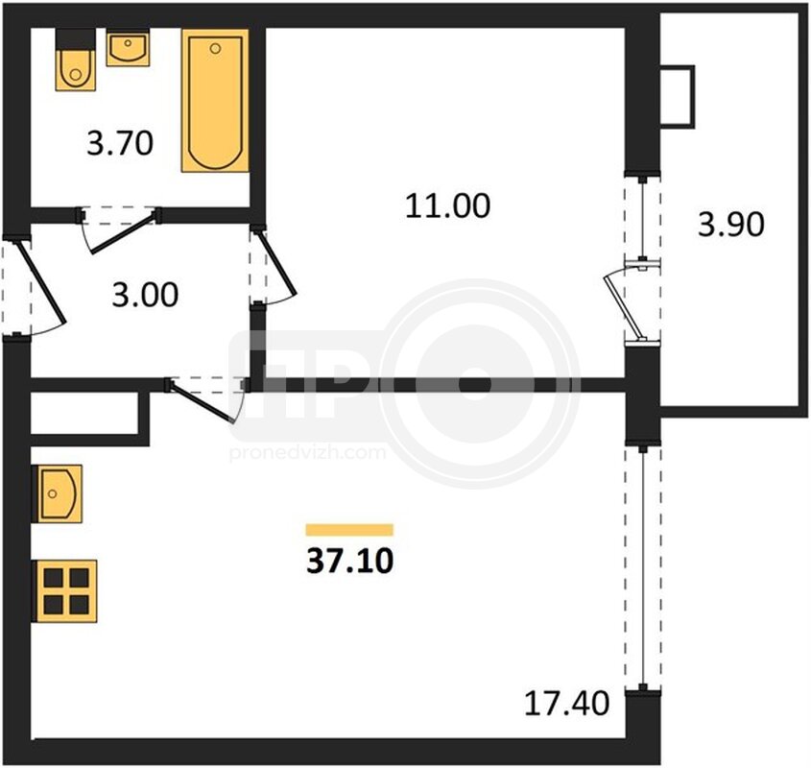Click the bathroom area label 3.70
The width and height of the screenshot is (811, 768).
pos(120,143)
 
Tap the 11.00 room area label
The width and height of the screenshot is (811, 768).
pos(447,205)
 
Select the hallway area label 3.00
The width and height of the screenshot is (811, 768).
pos(145,295)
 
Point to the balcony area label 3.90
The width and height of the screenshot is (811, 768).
pos(730,225)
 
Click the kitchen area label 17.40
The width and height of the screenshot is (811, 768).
pos(567,704)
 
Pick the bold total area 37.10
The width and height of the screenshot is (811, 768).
pos(350,561)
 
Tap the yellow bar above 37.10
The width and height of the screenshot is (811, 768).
pos(349,529)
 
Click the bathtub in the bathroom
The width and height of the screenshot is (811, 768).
pos(215,101)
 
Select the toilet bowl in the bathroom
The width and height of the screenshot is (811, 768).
pos(76,70)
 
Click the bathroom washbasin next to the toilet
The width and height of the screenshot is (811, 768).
pos(128,48)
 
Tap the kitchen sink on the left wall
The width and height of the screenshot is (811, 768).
pos(57,493)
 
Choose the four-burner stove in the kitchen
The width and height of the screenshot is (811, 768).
pos(64,591)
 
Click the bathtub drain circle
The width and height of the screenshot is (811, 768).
pos(216,49)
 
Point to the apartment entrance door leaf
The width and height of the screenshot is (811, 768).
pos(42,283)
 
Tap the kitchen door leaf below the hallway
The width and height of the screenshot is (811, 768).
pos(203,402)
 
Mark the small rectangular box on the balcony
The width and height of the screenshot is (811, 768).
pos(678,96)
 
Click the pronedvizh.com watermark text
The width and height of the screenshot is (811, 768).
pos(307,453)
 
